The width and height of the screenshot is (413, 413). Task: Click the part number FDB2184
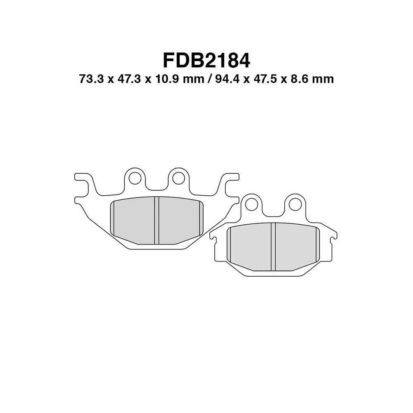206,60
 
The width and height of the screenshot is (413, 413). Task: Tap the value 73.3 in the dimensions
90,79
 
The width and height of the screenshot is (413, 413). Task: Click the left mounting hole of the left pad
134,178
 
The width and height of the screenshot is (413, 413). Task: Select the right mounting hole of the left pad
178,178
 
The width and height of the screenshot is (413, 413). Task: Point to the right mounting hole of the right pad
294,204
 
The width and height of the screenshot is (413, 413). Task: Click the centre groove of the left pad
157,220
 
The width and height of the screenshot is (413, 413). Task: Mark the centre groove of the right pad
273,247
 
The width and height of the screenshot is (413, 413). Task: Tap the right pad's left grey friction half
250,247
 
